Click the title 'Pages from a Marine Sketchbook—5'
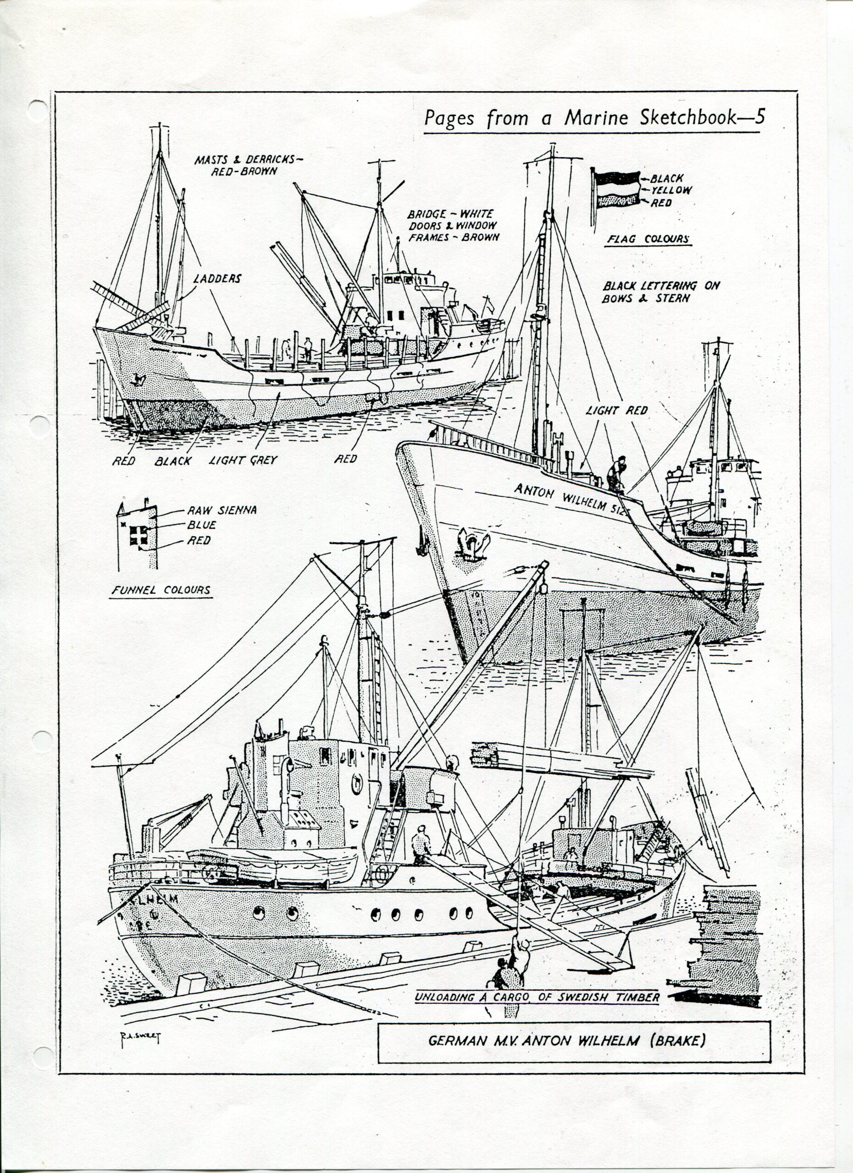click(x=594, y=118)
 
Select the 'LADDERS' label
click(x=217, y=279)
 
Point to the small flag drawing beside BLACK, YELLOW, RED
click(x=617, y=189)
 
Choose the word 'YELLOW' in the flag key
click(x=671, y=190)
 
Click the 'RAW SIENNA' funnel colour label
click(x=222, y=510)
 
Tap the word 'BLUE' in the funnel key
click(x=202, y=525)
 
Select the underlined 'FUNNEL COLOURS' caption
click(x=161, y=590)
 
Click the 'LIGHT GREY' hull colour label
click(x=243, y=460)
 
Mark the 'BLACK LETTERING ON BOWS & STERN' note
click(x=660, y=292)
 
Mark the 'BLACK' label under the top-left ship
click(x=172, y=461)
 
